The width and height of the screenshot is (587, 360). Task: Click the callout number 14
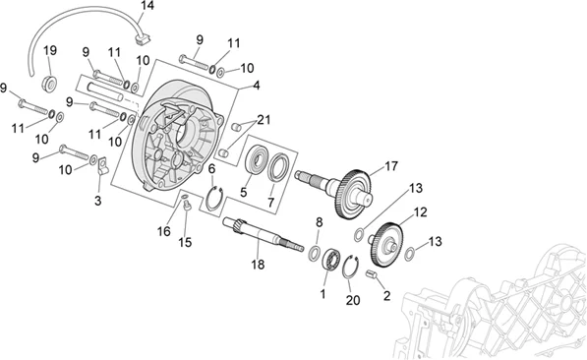point(147,6)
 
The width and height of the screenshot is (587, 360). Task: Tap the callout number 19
point(50,50)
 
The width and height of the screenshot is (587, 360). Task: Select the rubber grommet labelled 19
point(49,84)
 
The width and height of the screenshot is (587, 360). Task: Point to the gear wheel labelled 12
point(386,245)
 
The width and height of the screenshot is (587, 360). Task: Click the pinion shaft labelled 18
point(264,234)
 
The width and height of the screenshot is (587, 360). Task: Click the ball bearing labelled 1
point(331,259)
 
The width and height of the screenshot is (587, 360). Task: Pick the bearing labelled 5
point(257,160)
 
